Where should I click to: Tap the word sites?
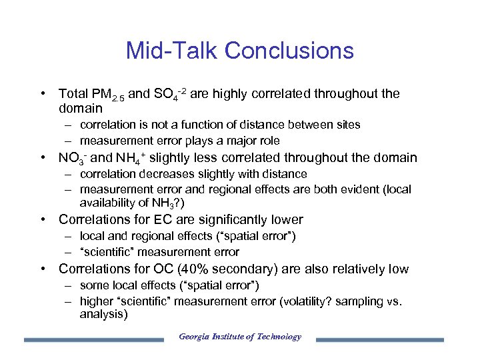point(347,125)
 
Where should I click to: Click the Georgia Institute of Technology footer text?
point(240,337)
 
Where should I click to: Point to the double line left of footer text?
point(93,339)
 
